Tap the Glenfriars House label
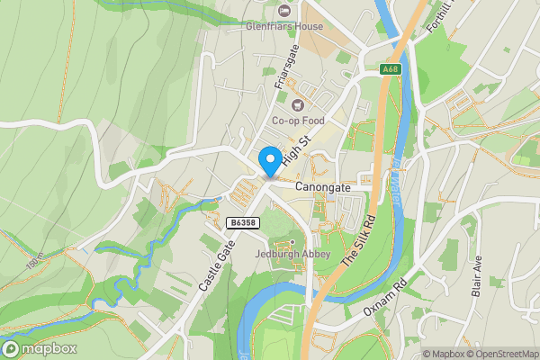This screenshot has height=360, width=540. click(285, 27)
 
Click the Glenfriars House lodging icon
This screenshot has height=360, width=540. click(285, 11)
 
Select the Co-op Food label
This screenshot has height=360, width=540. click(297, 121)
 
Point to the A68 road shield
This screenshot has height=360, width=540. click(389, 69)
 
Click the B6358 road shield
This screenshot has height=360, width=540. click(242, 222)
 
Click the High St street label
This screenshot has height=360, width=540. click(295, 150)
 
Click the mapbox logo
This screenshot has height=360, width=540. click(40, 349)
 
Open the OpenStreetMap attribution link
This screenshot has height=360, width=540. click(501, 354)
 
